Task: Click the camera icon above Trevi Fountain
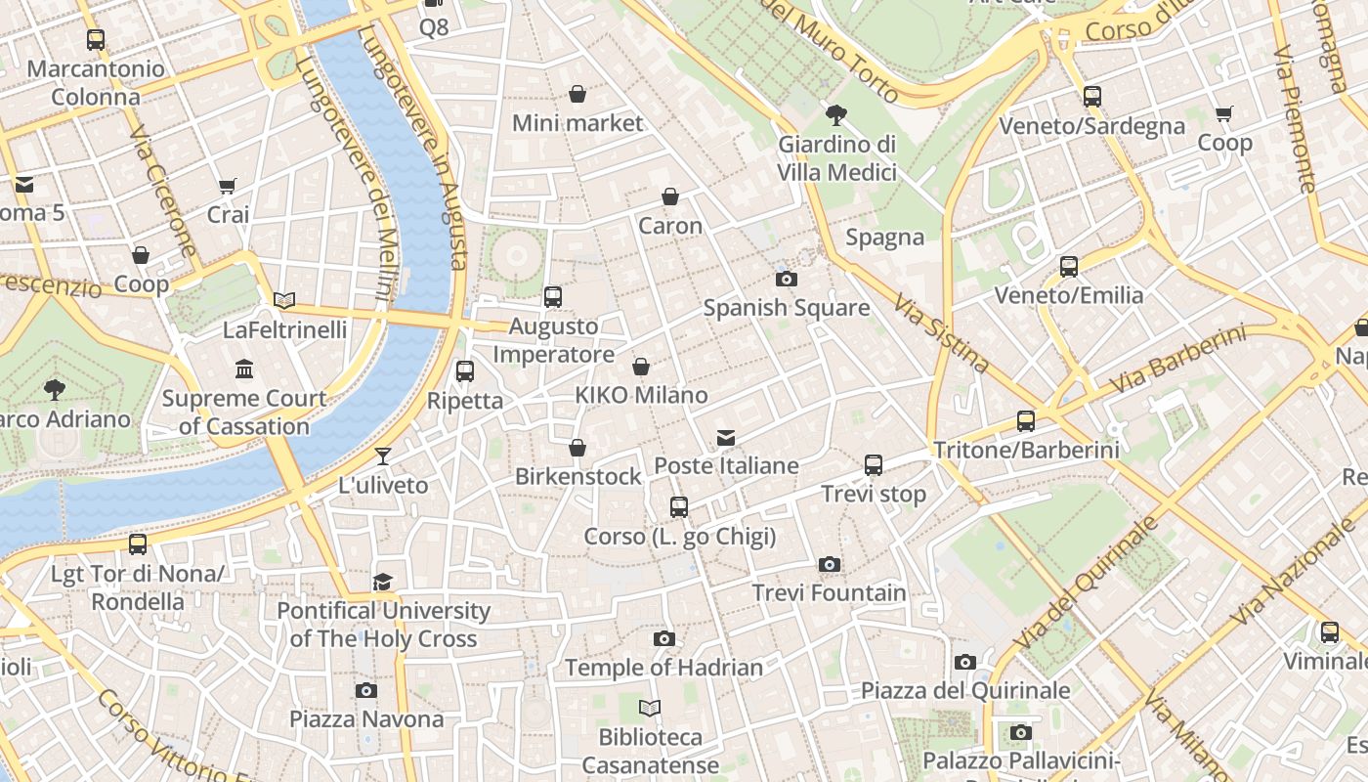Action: tap(829, 565)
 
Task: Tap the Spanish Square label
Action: tap(786, 308)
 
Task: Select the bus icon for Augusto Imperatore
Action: tap(553, 297)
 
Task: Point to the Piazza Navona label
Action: tap(366, 719)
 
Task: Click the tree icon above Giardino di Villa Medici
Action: tap(836, 115)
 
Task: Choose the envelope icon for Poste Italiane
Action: tap(726, 438)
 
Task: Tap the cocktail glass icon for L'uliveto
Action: tap(383, 456)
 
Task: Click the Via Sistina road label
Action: tap(941, 332)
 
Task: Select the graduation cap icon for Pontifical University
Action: tap(383, 583)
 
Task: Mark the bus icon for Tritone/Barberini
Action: tap(1026, 421)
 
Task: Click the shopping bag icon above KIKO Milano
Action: tap(641, 368)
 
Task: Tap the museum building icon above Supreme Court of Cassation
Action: tap(244, 369)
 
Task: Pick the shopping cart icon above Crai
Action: tap(228, 186)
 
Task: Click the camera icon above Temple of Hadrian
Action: tap(664, 639)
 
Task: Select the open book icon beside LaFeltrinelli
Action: tap(284, 301)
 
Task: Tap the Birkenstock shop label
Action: tap(577, 477)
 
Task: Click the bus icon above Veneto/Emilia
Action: tap(1069, 267)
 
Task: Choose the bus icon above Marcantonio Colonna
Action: tap(96, 40)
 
